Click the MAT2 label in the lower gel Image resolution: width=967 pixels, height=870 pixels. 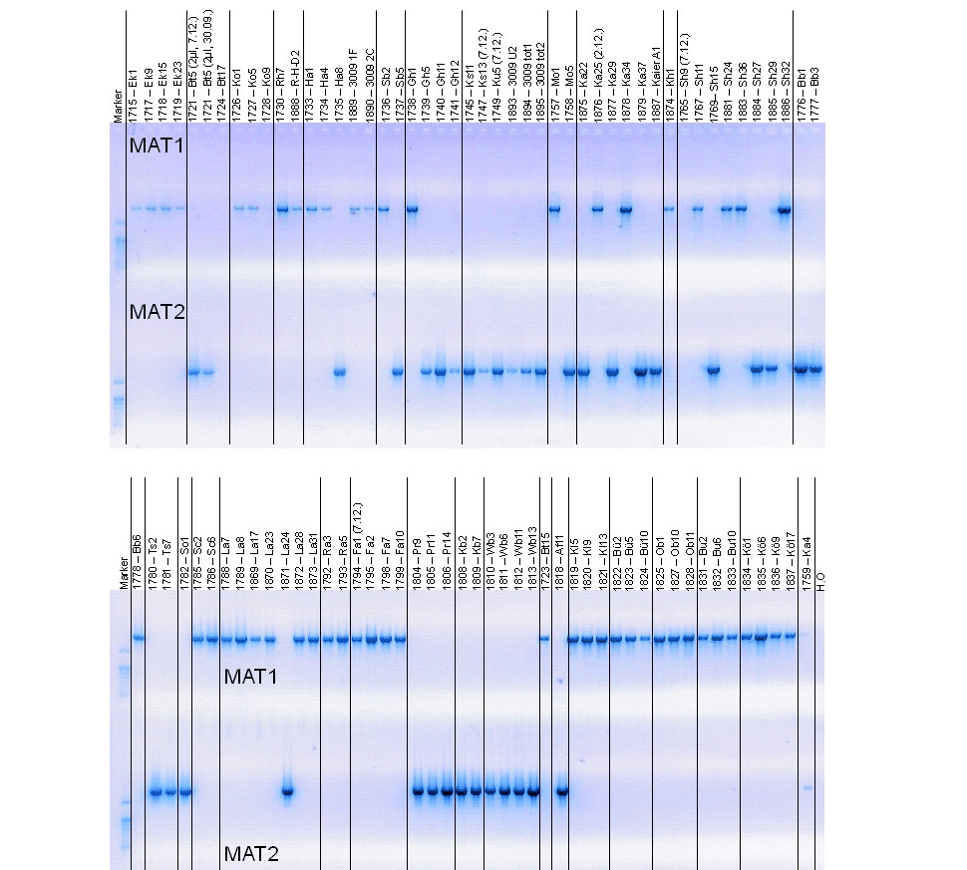tap(251, 853)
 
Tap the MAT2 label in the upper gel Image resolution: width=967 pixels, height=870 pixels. tap(158, 312)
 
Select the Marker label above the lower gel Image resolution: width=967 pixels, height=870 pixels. tap(124, 571)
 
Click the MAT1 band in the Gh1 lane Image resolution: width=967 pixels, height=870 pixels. tap(412, 209)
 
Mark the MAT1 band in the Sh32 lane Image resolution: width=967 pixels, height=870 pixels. tap(784, 209)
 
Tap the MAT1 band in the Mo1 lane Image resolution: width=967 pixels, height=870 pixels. tap(554, 209)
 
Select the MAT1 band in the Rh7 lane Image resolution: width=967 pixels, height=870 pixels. tap(282, 209)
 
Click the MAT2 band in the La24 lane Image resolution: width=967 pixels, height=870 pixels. tap(287, 792)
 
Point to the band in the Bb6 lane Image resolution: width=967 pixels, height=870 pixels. tap(139, 638)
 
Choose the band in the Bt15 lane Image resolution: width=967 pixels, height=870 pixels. tap(544, 639)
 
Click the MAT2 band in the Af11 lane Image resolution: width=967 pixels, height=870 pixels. tap(561, 792)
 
